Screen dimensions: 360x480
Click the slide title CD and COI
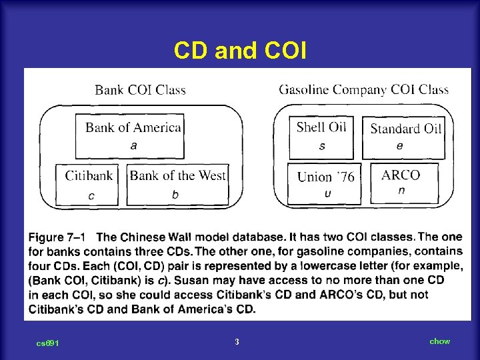tap(240, 51)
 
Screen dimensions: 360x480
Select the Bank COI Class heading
tap(140, 89)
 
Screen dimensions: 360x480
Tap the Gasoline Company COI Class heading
tap(363, 89)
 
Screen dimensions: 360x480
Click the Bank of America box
tap(134, 135)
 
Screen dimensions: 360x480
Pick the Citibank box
tap(88, 184)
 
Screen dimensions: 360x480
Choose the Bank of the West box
tap(177, 184)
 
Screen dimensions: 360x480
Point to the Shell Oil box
tap(321, 135)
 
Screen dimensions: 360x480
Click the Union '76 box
tap(325, 183)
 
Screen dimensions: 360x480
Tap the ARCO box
tap(401, 183)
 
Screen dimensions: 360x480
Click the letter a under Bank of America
tap(134, 145)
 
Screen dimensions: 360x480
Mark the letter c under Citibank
tap(91, 195)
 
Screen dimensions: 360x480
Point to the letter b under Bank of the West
tap(175, 195)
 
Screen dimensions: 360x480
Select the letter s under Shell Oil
tap(322, 145)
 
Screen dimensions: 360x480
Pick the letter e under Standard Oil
tap(399, 145)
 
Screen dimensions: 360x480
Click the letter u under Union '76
tap(327, 193)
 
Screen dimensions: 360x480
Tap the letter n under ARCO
tap(401, 190)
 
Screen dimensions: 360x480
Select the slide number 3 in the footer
tap(237, 342)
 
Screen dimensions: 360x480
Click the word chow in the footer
tap(439, 341)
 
